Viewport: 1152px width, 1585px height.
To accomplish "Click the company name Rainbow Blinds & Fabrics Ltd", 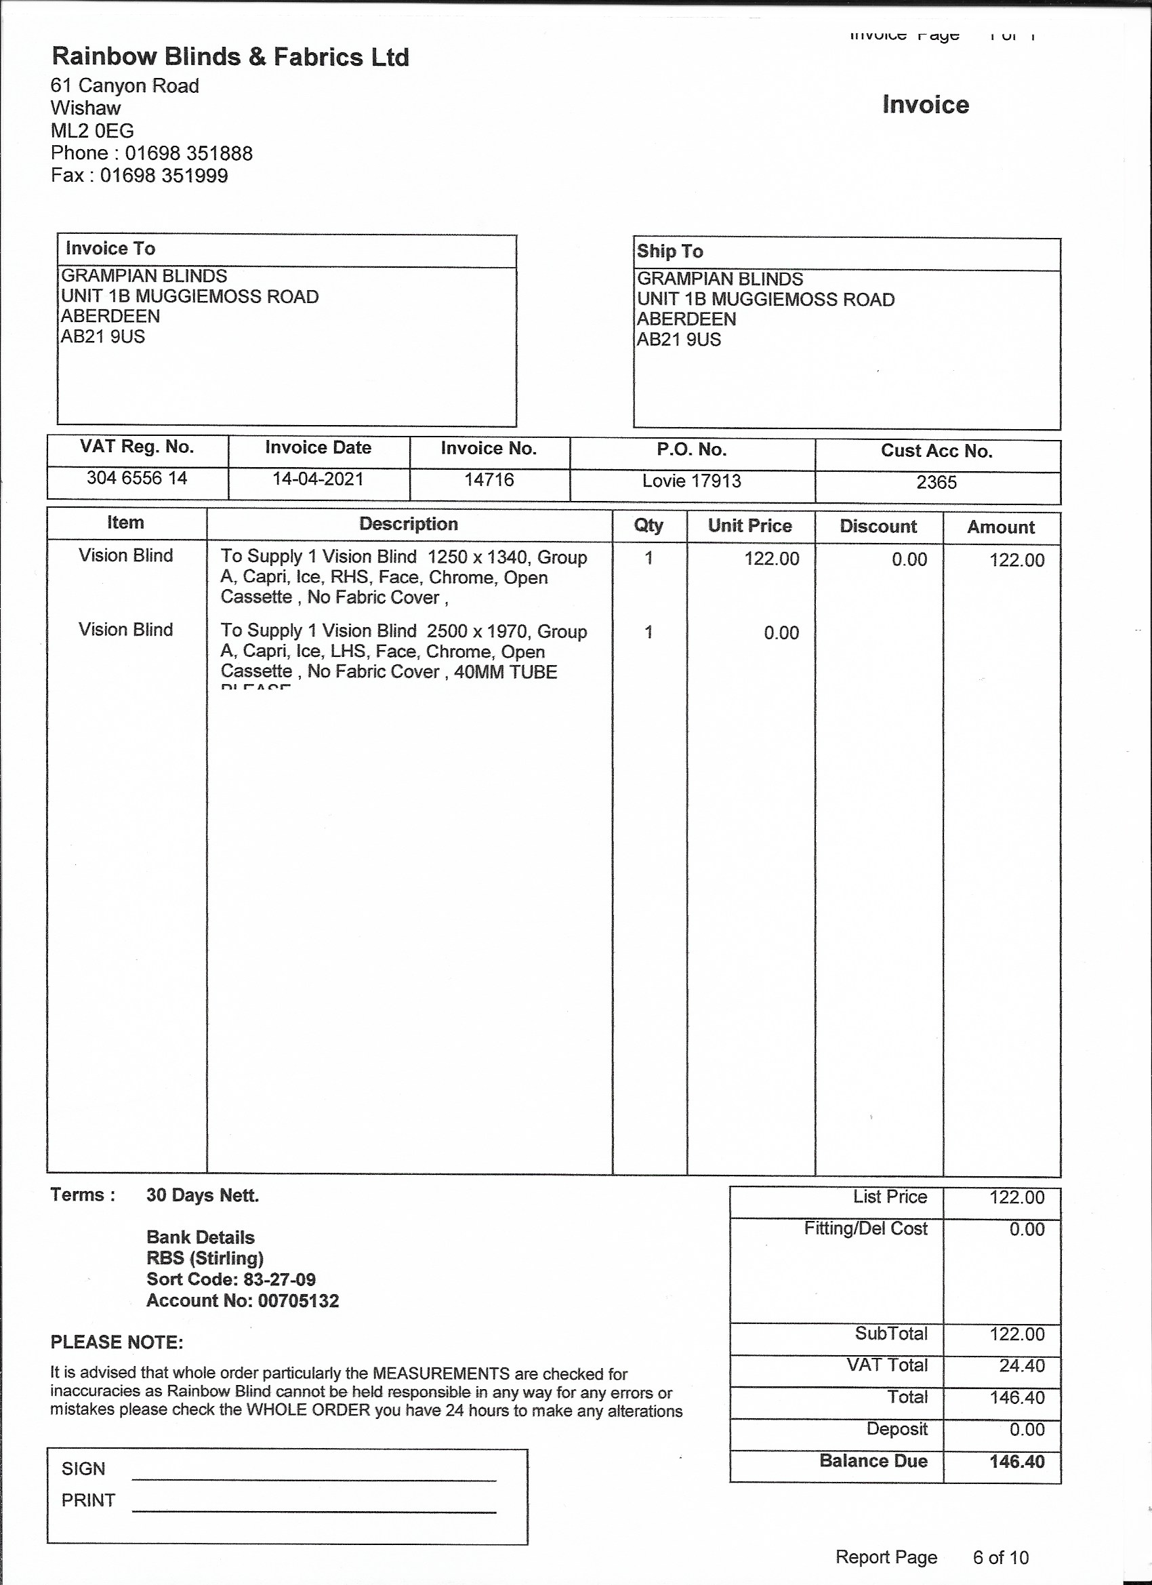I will pos(230,57).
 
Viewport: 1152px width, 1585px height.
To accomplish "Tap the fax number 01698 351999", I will pos(163,176).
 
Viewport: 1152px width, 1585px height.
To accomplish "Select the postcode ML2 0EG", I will pos(92,131).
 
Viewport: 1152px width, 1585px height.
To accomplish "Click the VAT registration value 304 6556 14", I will pos(137,478).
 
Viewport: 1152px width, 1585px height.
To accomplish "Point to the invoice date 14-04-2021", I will pos(318,479).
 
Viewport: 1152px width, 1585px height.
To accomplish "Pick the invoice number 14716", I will pos(489,479).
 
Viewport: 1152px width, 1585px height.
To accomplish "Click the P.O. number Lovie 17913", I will pos(692,481).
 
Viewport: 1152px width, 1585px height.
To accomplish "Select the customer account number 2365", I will pos(936,482).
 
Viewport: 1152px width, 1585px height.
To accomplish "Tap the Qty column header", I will pos(649,525).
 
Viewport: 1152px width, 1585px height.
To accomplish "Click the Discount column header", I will pos(878,526).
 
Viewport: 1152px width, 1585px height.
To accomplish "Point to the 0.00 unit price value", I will pos(781,633).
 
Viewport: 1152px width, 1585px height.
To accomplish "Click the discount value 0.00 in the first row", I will pos(909,560).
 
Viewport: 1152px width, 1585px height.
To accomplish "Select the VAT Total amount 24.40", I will pos(1021,1365).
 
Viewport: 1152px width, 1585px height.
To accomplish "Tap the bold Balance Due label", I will pos(873,1461).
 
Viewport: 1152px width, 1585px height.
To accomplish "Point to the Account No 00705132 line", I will pos(243,1300).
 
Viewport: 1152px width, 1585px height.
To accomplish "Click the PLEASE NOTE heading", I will pos(117,1342).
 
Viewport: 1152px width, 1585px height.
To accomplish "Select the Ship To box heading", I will pos(670,251).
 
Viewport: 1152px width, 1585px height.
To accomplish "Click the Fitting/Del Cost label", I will pos(865,1228).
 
